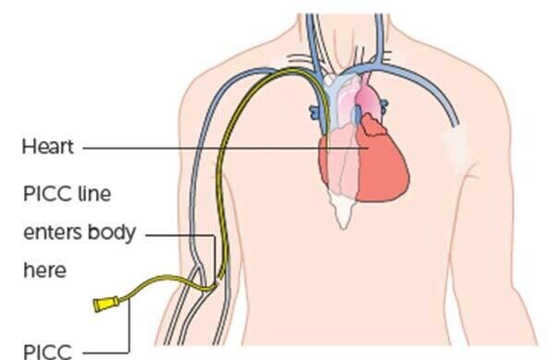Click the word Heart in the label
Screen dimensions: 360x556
click(x=48, y=147)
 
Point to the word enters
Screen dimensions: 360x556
click(x=54, y=233)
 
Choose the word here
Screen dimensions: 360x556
click(x=45, y=270)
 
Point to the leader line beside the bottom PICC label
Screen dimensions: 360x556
click(x=115, y=351)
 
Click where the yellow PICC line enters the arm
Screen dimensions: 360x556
click(x=219, y=278)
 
